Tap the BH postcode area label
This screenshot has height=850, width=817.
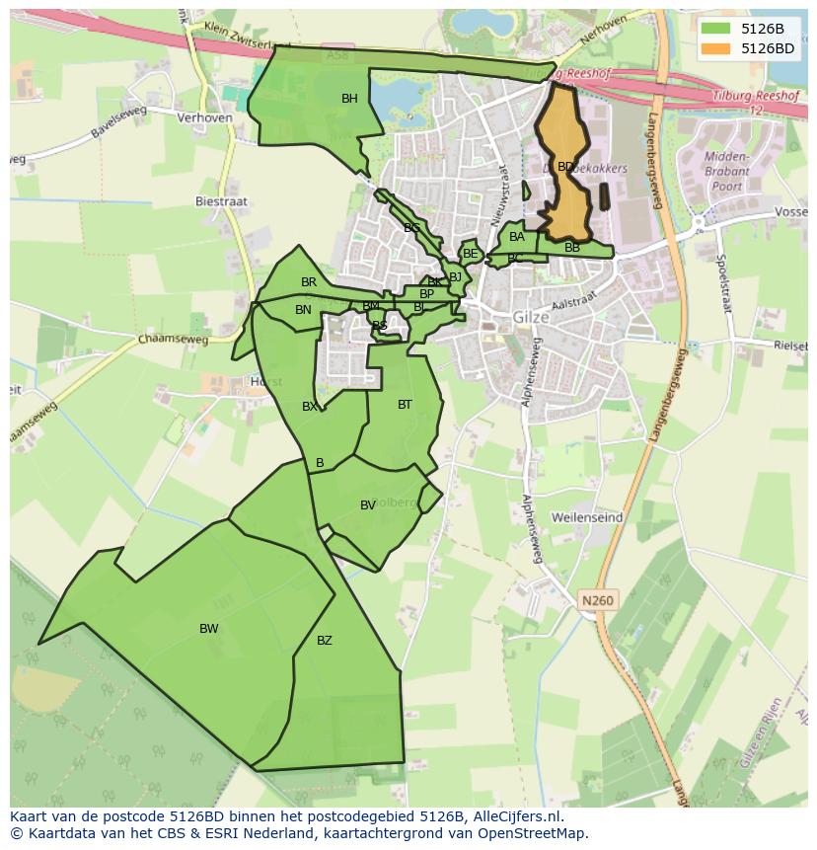tap(349, 99)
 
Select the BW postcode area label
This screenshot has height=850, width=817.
tap(209, 629)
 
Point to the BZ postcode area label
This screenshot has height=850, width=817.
tap(325, 641)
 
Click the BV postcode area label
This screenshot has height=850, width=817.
tap(368, 505)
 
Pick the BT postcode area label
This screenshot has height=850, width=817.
tap(405, 405)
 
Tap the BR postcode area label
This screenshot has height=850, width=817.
tap(309, 282)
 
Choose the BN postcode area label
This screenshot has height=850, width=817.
tap(303, 310)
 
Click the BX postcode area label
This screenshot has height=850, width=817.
tap(310, 407)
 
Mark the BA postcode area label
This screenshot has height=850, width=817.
tap(517, 237)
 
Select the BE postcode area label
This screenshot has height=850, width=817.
tap(471, 254)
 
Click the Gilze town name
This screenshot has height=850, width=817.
tap(530, 318)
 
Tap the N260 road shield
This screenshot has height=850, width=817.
tap(597, 600)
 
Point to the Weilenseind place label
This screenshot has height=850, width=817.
tap(587, 517)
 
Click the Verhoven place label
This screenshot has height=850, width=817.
tap(204, 117)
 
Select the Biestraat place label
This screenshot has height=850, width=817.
tap(221, 201)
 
